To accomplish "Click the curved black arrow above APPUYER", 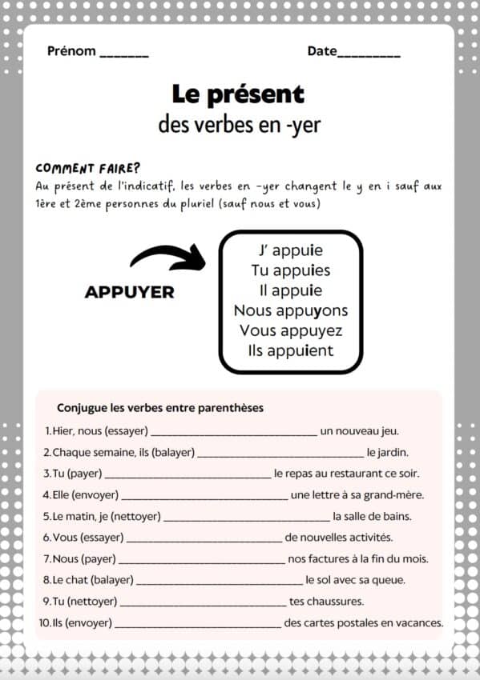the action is (x=167, y=258).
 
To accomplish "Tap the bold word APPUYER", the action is (x=129, y=292).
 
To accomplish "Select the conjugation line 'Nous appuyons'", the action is (x=291, y=310).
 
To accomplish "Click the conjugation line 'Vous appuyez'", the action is (x=291, y=330).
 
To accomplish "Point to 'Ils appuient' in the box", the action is (x=291, y=350).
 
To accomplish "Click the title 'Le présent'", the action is (x=238, y=94).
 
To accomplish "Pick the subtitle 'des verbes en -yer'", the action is (x=240, y=125).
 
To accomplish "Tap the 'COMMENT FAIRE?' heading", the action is (x=88, y=168).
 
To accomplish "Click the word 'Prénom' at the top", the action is (x=71, y=51).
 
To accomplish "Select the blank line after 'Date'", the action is (x=369, y=54).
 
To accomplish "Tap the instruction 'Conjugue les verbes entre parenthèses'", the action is (x=160, y=408).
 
